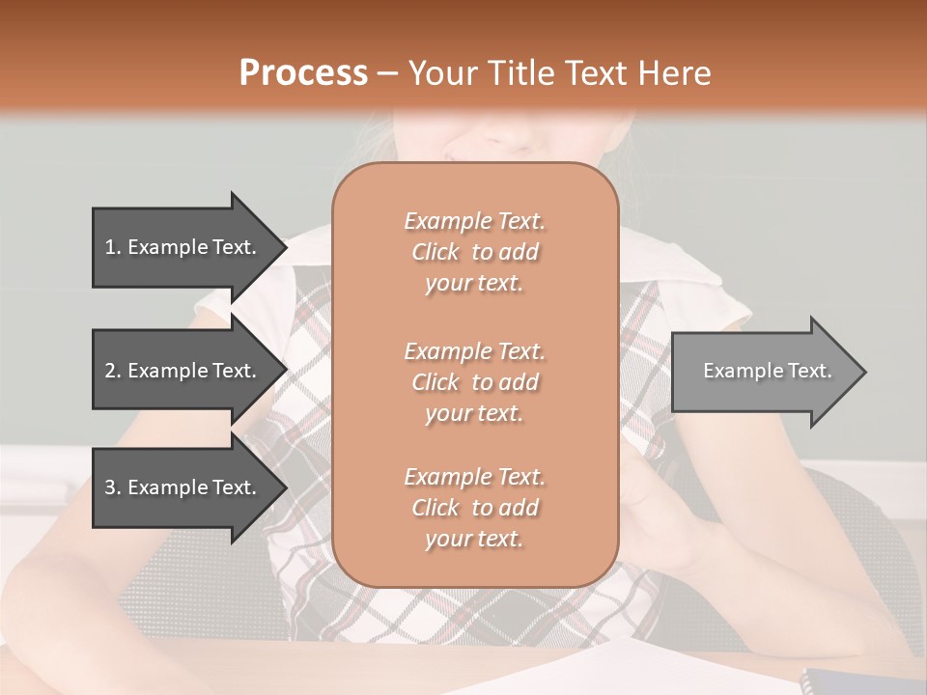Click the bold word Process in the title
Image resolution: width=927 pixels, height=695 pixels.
(x=303, y=73)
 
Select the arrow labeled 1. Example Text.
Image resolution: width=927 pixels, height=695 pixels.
(x=183, y=247)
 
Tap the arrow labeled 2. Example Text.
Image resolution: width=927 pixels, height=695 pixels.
(x=183, y=371)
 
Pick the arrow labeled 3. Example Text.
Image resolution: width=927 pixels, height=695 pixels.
(x=183, y=487)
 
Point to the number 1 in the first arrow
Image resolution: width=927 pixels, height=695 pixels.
(x=110, y=247)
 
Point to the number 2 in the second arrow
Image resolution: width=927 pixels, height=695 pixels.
(x=110, y=371)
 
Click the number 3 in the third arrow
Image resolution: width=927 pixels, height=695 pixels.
(x=110, y=487)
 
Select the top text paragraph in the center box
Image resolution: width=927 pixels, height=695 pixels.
(x=474, y=252)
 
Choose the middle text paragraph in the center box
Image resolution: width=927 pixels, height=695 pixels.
(x=474, y=382)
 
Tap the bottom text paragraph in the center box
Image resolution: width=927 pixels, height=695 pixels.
(x=474, y=508)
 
